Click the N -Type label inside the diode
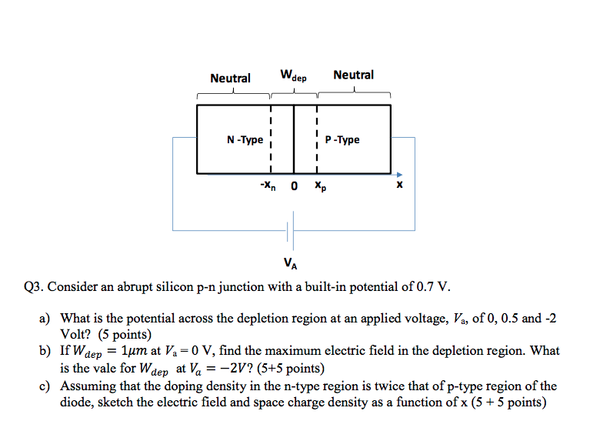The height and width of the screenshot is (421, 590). [245, 140]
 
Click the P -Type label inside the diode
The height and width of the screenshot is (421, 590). [342, 140]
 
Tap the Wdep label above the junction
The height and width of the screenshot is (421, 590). [293, 76]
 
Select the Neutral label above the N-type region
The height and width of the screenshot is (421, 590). [230, 78]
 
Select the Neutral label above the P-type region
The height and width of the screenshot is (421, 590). [353, 75]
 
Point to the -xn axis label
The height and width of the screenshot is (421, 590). [268, 185]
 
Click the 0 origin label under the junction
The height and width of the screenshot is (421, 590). [294, 185]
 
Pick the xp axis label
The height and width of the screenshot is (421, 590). [318, 186]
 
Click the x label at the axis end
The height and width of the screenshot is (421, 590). [398, 185]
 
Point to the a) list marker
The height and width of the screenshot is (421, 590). [45, 319]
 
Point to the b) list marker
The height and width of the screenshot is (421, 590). [45, 351]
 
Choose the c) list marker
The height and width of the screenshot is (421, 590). [45, 386]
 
